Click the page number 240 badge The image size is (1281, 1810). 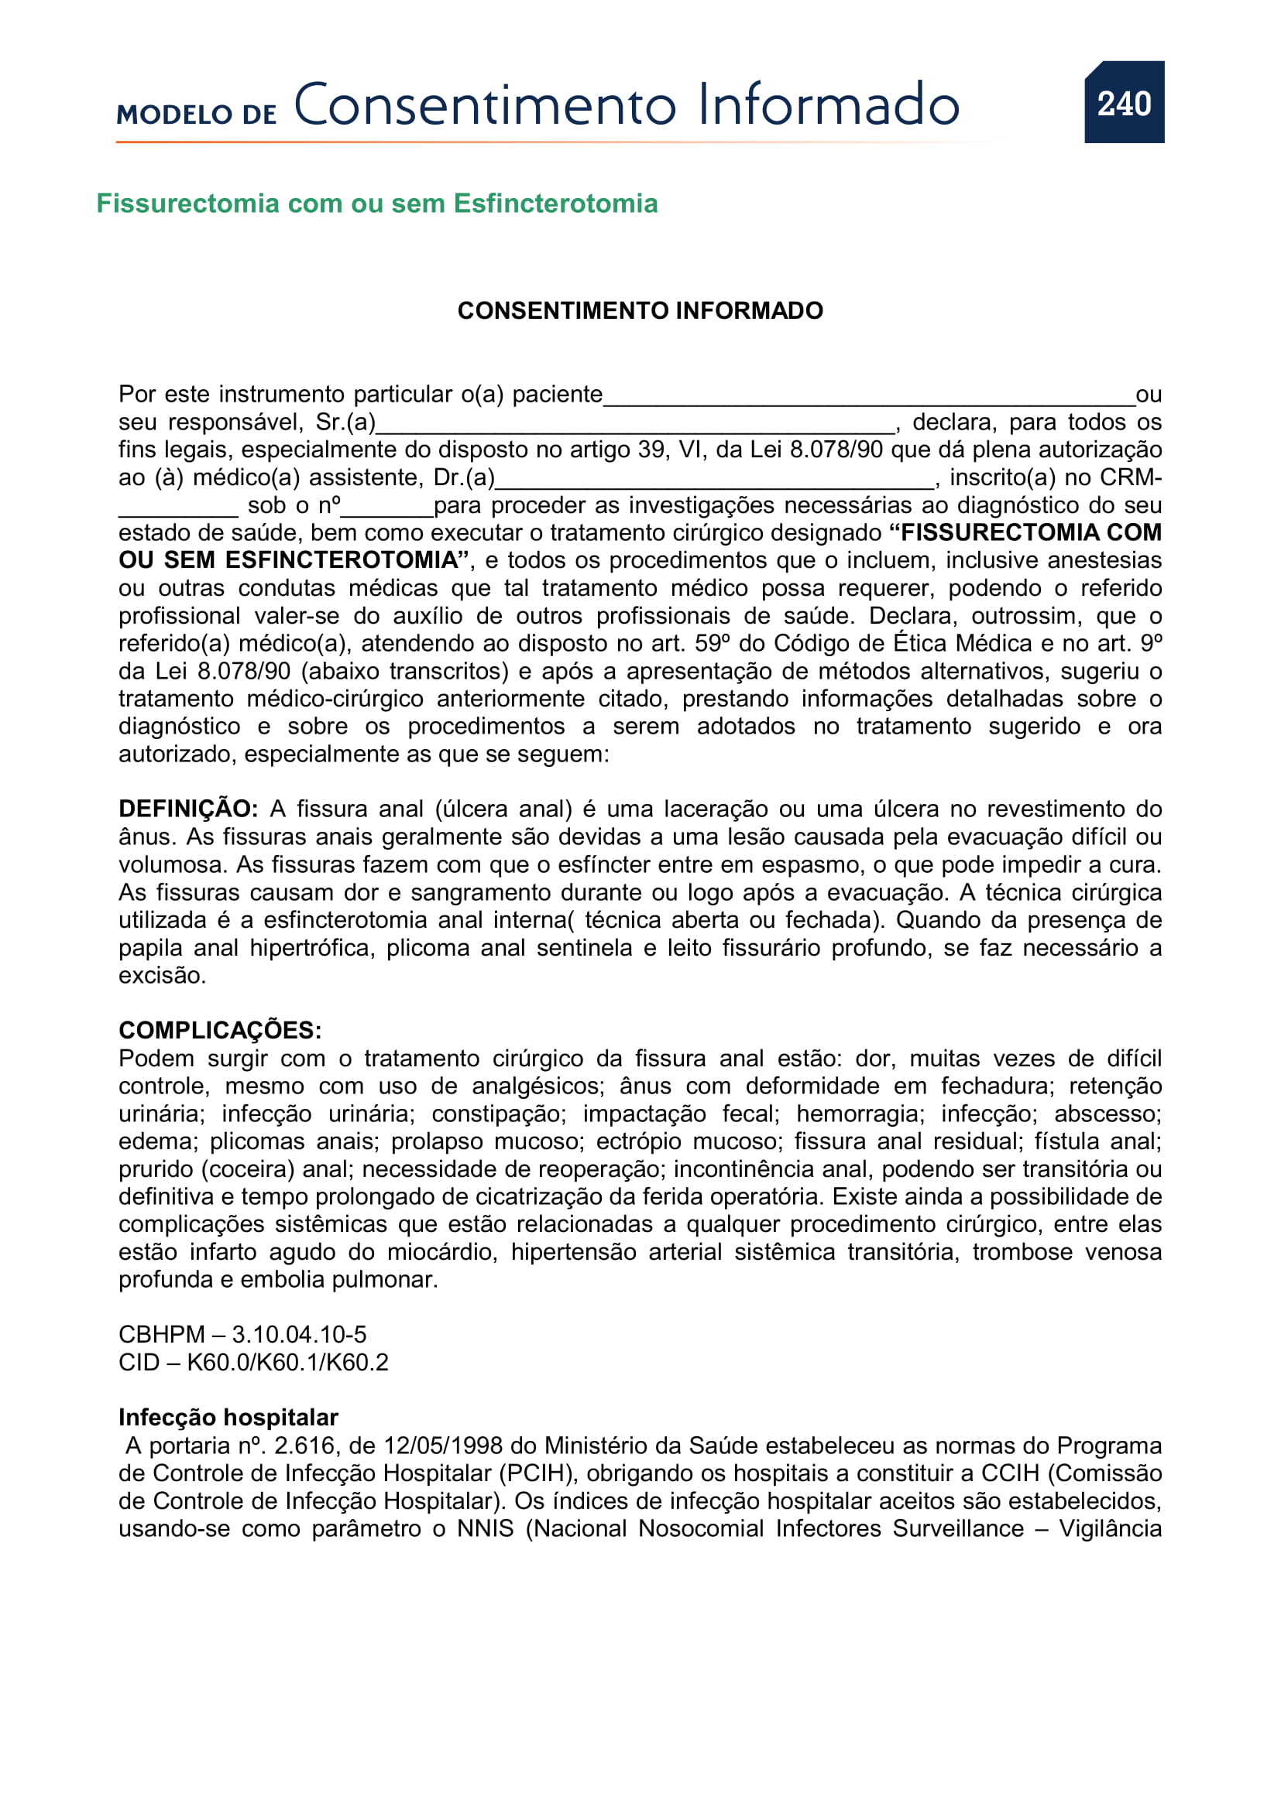[x=1123, y=102]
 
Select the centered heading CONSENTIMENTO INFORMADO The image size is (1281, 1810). [x=640, y=310]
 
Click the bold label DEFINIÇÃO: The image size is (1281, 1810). [x=187, y=809]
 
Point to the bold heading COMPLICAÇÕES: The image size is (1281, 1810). [x=220, y=1030]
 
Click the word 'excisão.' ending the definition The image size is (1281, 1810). [x=162, y=975]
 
